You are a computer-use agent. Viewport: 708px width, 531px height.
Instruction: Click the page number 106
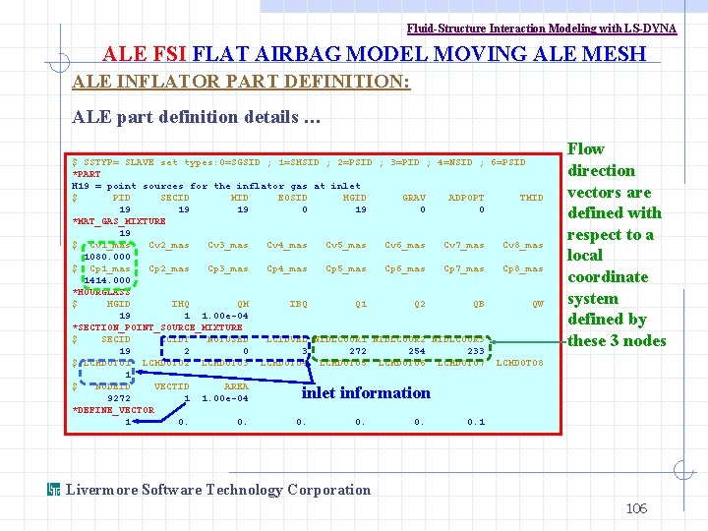point(636,508)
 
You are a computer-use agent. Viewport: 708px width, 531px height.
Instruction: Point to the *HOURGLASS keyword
point(100,292)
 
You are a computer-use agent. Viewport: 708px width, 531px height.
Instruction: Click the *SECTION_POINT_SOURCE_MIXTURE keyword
point(157,327)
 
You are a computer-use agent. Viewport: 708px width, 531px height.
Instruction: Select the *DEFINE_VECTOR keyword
point(113,410)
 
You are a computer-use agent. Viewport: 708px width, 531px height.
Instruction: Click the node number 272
point(358,351)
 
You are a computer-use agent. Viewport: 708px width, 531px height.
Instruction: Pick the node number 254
point(417,351)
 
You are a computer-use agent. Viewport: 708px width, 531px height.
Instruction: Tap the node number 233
point(476,351)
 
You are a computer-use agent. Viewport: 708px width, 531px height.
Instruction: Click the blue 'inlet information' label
point(366,393)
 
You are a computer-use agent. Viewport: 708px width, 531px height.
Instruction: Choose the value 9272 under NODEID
point(119,398)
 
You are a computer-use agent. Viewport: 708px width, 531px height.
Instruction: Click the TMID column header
point(531,198)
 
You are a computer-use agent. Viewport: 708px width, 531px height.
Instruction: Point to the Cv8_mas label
point(523,245)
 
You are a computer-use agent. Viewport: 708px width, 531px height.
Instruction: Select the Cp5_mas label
point(346,268)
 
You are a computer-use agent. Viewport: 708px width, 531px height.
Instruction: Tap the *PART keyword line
point(87,174)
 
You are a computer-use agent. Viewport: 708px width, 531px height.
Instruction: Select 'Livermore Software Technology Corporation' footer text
point(217,490)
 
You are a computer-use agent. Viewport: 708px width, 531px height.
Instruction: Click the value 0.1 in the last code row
point(476,422)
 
